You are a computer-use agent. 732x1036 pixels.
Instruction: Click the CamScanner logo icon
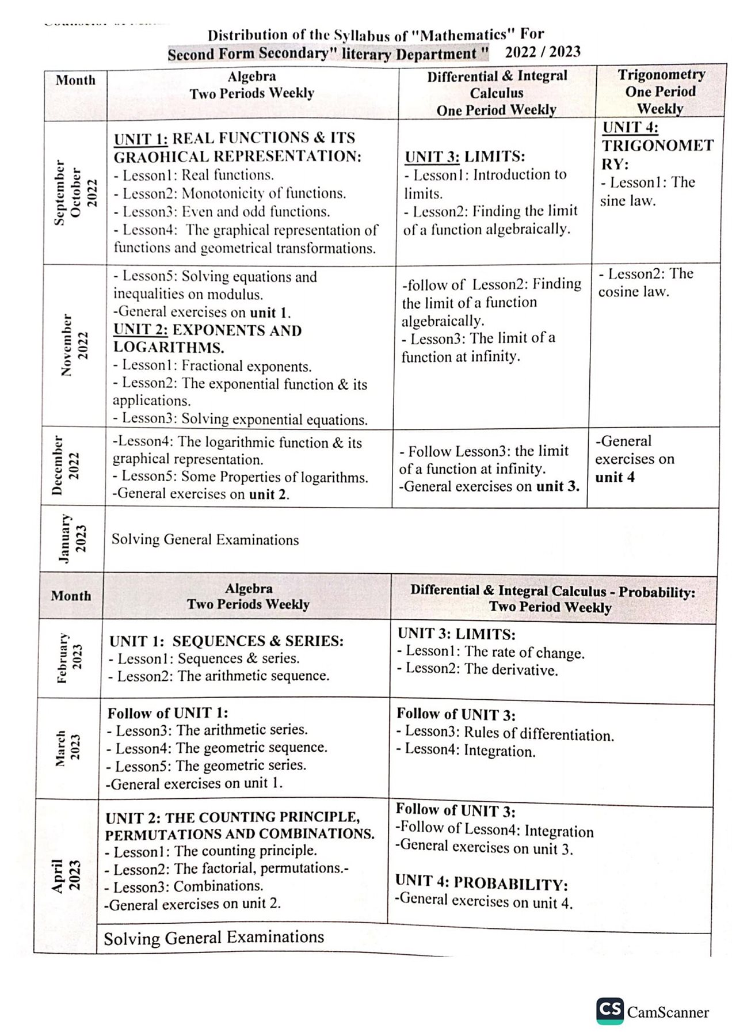[x=609, y=1011]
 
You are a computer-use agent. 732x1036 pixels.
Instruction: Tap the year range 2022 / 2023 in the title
[x=542, y=52]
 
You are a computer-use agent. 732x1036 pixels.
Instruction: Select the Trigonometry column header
[x=661, y=92]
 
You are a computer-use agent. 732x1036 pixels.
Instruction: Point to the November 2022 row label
[x=75, y=345]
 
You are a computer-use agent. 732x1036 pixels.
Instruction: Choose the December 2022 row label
[x=65, y=466]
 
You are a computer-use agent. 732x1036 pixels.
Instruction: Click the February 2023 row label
[x=69, y=658]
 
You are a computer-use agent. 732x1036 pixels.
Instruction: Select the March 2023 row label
[x=67, y=748]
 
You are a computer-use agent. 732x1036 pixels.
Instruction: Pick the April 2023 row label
[x=66, y=875]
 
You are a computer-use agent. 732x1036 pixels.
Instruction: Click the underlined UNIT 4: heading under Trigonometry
[x=630, y=127]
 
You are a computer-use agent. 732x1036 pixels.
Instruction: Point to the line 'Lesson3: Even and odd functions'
[x=222, y=212]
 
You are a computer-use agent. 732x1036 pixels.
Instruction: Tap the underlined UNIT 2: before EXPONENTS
[x=140, y=330]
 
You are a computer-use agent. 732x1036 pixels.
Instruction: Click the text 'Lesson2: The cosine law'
[x=645, y=283]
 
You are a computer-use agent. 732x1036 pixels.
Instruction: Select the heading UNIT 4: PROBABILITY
[x=481, y=883]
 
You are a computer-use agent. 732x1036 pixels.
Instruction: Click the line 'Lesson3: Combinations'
[x=184, y=886]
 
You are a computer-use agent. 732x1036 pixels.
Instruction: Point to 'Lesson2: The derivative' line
[x=478, y=669]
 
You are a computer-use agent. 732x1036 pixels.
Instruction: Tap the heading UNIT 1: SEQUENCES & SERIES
[x=226, y=641]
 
